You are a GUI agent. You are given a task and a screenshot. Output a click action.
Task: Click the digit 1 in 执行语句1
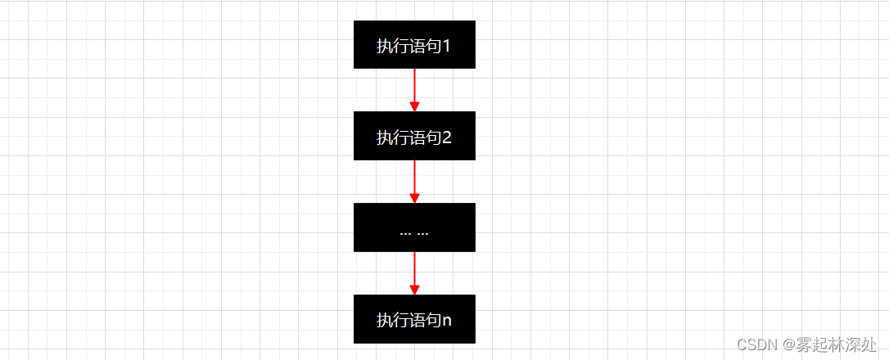447,46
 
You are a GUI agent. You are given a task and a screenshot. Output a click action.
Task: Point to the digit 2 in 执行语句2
447,137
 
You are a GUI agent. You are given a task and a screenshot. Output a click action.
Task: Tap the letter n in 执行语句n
447,320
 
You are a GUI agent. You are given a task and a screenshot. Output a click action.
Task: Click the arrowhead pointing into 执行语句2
414,106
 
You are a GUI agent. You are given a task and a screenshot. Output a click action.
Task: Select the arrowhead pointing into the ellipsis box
414,198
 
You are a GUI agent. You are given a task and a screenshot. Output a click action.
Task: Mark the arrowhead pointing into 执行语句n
414,290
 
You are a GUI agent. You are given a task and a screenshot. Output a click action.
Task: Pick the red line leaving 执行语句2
414,176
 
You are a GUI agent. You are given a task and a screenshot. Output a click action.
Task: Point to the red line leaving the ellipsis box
414,268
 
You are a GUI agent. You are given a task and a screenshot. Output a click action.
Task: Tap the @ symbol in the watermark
787,344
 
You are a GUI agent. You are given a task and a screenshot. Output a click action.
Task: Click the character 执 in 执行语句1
384,46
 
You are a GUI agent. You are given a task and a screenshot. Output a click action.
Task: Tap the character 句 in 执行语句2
432,137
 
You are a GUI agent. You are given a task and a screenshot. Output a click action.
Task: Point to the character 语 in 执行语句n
416,320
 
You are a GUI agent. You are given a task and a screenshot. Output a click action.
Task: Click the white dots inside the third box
414,233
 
